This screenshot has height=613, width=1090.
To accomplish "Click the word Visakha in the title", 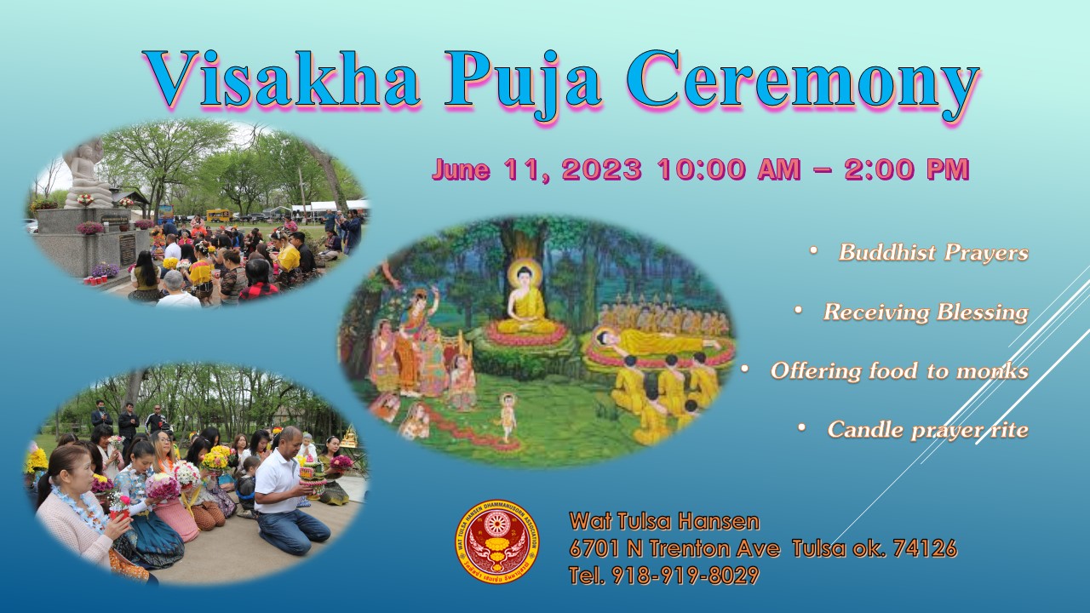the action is (281, 79).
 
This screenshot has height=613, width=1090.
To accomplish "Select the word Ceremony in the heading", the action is (803, 85).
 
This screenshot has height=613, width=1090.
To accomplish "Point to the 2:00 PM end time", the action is (907, 169).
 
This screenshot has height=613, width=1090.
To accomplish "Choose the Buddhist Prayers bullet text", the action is (933, 252).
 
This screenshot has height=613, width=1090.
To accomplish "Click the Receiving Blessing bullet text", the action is (926, 312).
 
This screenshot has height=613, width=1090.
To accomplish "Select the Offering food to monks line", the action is (899, 370).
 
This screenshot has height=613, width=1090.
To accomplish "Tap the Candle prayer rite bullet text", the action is (928, 430).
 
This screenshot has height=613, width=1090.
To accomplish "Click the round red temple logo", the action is (496, 541).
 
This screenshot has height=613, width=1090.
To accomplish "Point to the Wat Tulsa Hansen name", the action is (664, 521).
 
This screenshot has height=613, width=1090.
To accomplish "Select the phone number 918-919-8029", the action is (686, 575).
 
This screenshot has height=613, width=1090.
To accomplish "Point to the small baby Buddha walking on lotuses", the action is (508, 416).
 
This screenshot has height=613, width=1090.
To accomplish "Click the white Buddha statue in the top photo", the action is (88, 175).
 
